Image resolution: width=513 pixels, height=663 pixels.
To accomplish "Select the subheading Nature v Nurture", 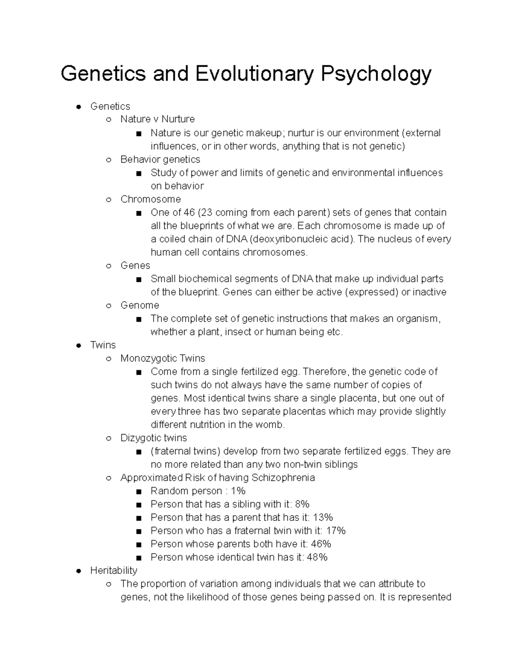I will (x=157, y=119).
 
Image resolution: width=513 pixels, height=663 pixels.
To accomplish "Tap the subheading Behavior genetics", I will (x=160, y=159).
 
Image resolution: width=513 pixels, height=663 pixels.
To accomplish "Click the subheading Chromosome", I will (x=150, y=199).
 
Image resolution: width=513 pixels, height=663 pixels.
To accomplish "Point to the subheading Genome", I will (x=139, y=305).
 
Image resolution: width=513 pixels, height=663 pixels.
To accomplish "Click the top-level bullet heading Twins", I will (x=103, y=345).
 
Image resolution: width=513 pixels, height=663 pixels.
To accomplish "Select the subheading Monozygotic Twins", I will (x=162, y=358).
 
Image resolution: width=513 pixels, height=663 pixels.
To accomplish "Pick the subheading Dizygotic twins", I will (x=153, y=438).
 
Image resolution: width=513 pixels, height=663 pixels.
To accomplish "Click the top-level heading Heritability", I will (x=114, y=570).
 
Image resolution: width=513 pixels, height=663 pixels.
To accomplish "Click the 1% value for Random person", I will (x=238, y=491).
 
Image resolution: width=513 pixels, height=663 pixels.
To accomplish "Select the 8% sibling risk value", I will (x=302, y=504).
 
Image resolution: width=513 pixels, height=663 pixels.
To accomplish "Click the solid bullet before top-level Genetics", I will (x=79, y=107).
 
